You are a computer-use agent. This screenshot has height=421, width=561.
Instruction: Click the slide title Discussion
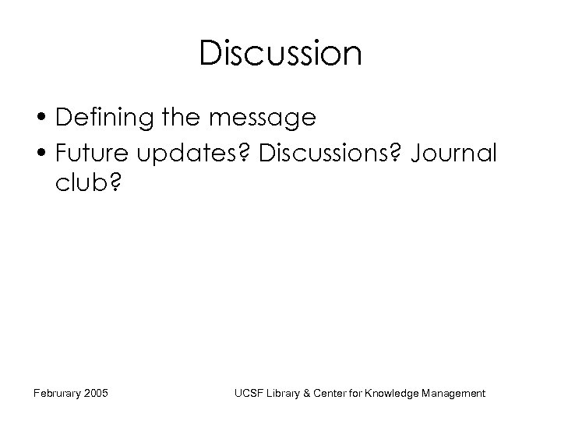(280, 54)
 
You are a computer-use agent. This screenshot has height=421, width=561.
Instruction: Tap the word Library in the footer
(285, 394)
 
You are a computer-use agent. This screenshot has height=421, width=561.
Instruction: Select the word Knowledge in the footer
(397, 394)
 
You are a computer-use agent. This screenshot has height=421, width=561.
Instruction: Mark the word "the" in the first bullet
(182, 119)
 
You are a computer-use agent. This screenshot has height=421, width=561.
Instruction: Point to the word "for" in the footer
(360, 394)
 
